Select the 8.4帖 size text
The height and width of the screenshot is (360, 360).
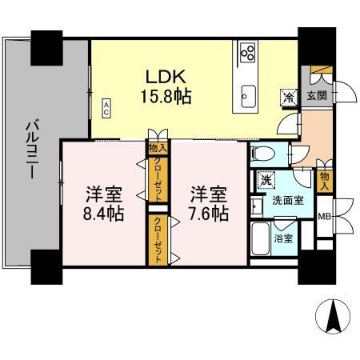(102, 214)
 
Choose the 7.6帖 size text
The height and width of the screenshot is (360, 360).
(206, 214)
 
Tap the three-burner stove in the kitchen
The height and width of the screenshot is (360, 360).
(248, 54)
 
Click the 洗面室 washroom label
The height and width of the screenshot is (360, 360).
(287, 201)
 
